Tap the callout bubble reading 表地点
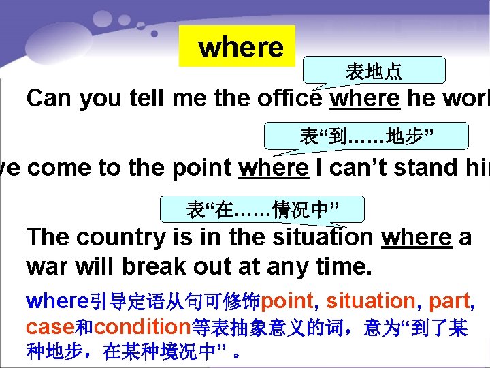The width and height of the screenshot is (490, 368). [374, 70]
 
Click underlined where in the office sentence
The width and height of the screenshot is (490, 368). [365, 99]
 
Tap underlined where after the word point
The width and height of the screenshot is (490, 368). [273, 167]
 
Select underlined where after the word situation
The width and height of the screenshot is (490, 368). [416, 237]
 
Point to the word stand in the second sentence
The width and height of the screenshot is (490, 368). [407, 167]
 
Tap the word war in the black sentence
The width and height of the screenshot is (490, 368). [45, 265]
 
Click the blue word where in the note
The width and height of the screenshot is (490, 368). [57, 301]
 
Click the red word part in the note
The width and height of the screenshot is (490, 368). [447, 301]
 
